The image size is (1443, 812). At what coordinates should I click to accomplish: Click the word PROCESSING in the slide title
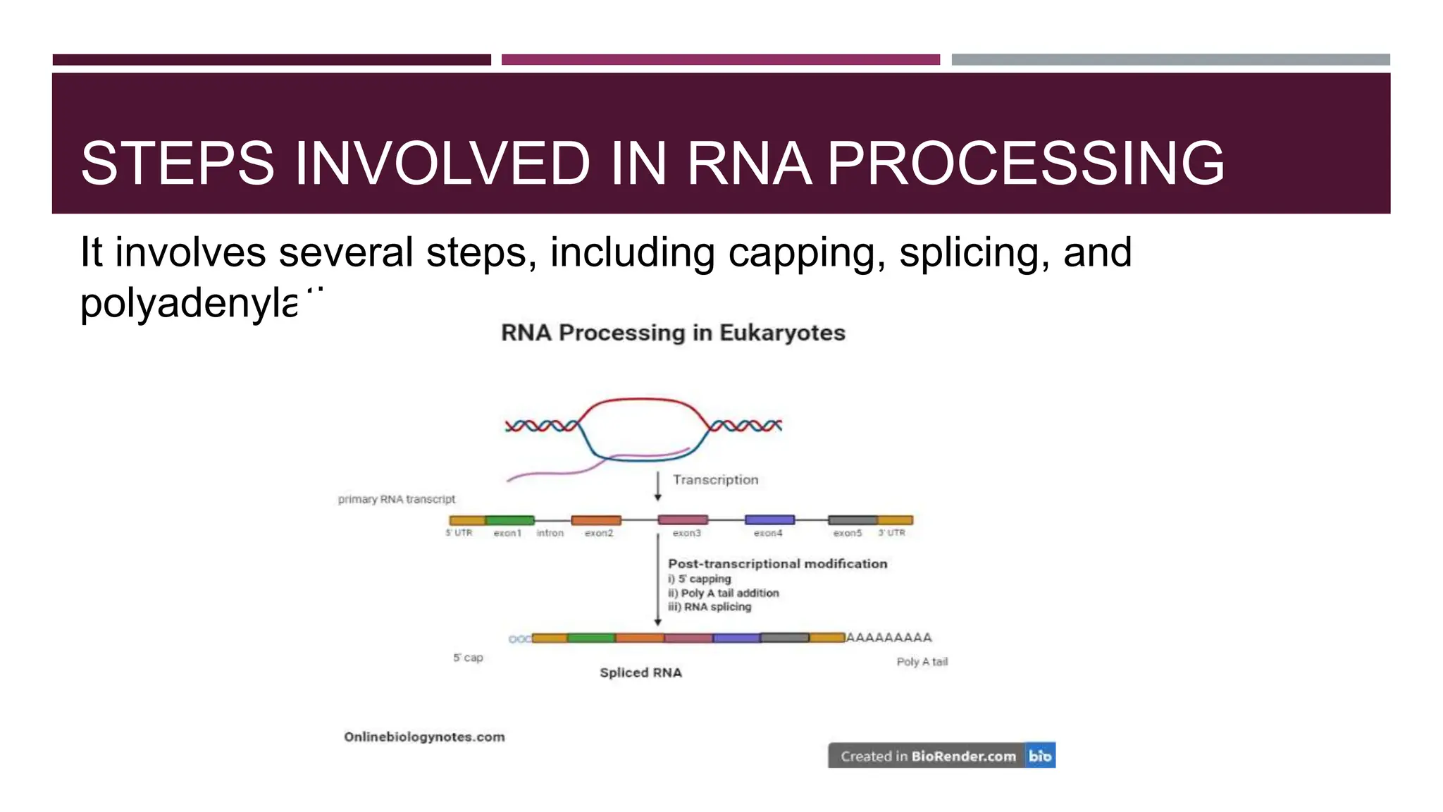(1025, 164)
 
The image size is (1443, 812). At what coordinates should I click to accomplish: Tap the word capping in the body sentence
(806, 252)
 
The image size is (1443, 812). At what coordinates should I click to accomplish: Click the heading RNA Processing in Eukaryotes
(673, 333)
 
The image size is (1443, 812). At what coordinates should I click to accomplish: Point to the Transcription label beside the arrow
(715, 480)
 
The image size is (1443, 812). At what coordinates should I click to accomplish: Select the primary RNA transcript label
(397, 499)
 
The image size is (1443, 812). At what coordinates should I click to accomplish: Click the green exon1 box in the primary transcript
(509, 520)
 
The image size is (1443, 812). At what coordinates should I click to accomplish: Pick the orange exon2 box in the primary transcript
(596, 520)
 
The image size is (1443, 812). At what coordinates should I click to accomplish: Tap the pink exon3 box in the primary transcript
(683, 519)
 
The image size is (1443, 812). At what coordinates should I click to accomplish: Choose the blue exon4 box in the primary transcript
(769, 519)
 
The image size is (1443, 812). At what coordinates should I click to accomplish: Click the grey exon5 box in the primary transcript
(853, 520)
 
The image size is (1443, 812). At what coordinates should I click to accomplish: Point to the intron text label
(550, 533)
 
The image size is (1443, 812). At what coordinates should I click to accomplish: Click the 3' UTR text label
(891, 533)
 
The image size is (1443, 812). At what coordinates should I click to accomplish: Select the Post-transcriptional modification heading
(777, 564)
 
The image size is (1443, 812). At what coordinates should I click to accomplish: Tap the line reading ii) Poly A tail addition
(724, 593)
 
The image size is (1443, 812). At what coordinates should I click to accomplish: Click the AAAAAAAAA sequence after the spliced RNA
(888, 637)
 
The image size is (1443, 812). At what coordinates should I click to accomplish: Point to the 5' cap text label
(468, 658)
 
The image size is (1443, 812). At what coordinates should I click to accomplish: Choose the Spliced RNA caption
(640, 672)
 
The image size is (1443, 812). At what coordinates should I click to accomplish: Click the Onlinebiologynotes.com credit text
(424, 737)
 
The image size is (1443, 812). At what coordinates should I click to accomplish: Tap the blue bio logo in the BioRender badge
(1040, 756)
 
